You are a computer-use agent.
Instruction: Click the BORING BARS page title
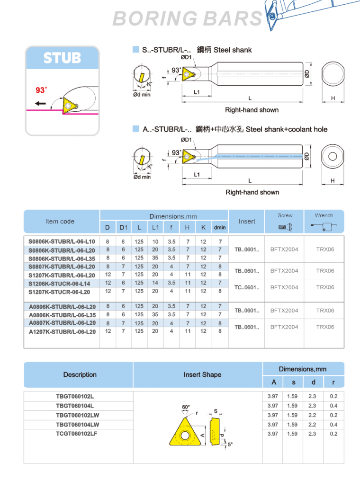point(188,18)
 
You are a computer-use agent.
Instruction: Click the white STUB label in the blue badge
point(63,58)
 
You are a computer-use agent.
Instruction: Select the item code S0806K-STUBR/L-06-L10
point(62,241)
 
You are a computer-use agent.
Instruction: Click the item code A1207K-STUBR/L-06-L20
point(62,331)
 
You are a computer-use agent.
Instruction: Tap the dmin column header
point(219,228)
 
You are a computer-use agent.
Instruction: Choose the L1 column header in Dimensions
point(155,228)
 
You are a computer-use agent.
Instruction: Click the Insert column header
point(247,222)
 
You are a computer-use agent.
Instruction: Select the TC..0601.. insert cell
point(247,287)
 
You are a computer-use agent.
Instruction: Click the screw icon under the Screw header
point(285,227)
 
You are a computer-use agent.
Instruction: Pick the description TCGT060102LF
point(76,434)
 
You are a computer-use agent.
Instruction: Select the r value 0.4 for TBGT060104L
point(333,406)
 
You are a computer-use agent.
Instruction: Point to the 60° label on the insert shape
point(186,407)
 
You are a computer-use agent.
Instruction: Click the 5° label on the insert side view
point(230,445)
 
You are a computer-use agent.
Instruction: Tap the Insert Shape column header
point(202,374)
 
